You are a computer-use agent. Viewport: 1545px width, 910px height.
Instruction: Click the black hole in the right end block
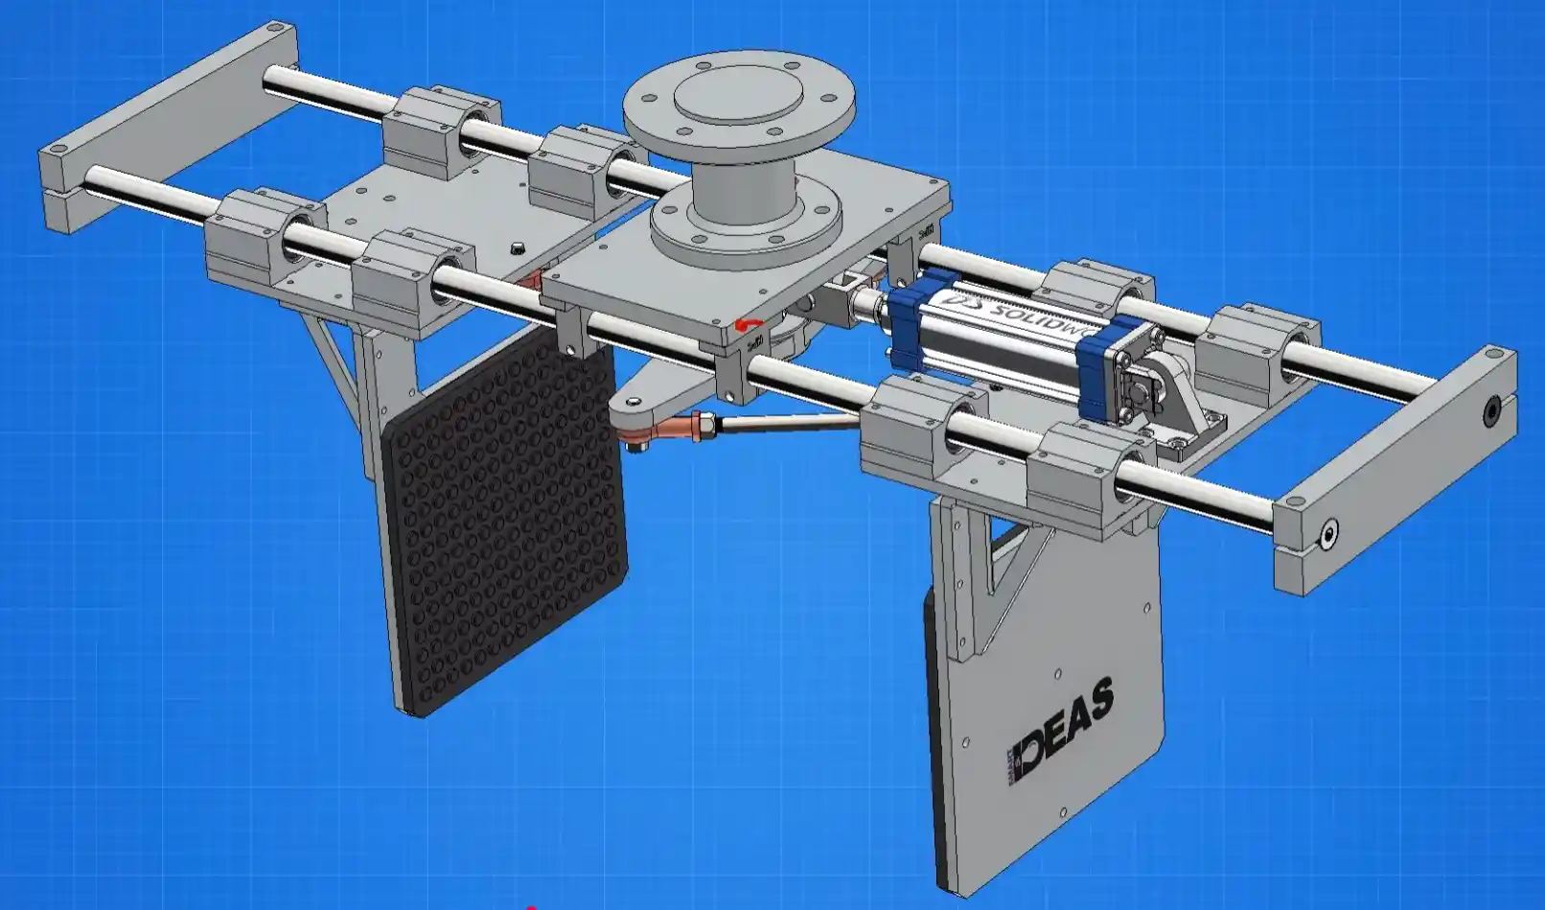(1492, 412)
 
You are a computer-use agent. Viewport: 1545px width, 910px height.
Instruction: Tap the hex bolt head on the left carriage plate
(519, 248)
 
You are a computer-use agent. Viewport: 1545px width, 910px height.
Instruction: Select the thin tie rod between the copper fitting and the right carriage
(786, 420)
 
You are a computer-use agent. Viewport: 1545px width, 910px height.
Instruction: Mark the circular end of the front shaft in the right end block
(1328, 534)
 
